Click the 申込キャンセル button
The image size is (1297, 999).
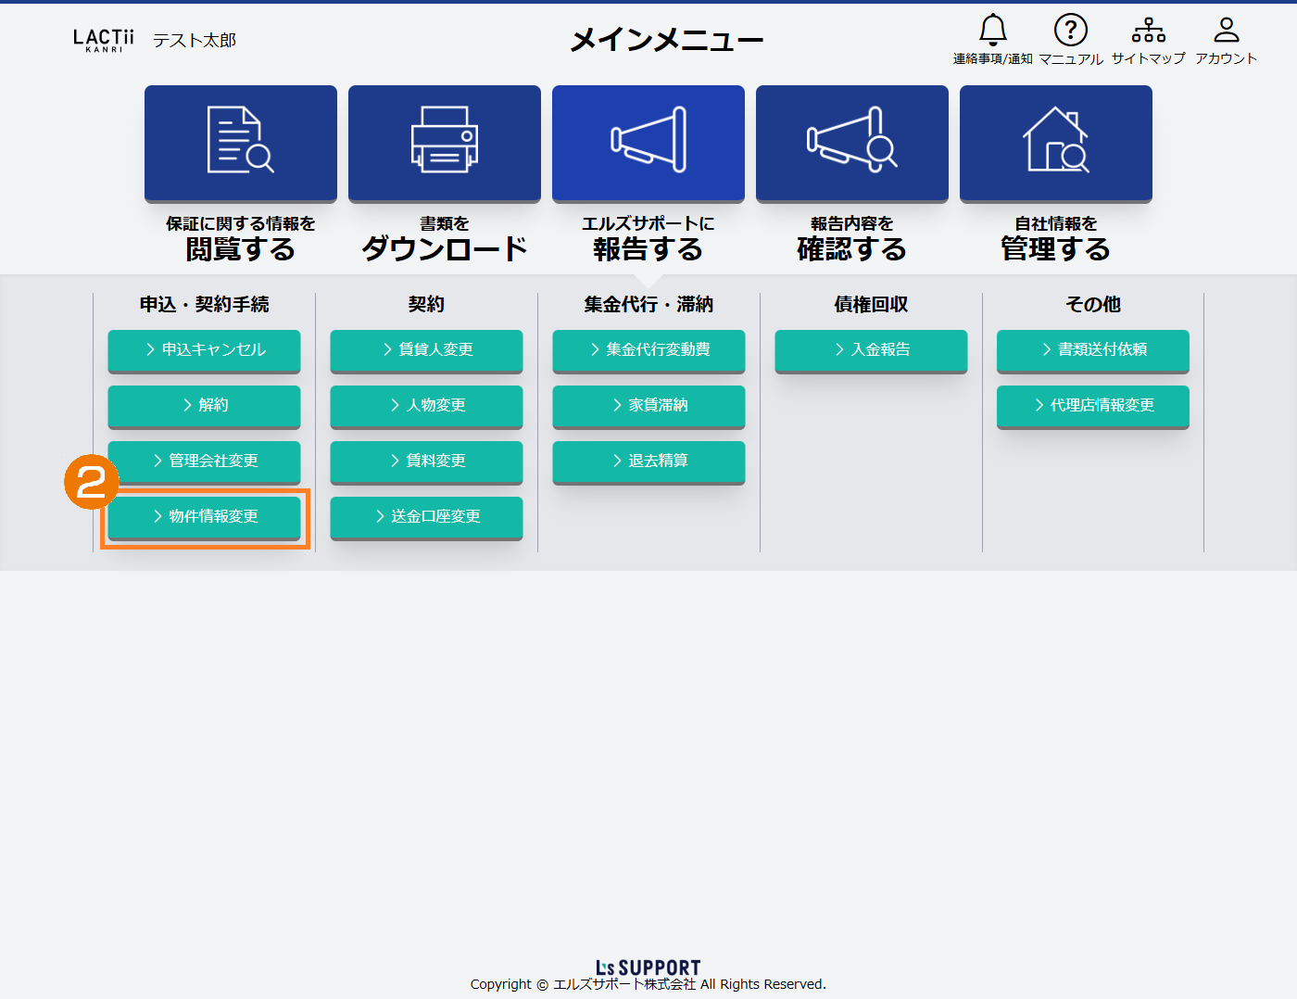204,350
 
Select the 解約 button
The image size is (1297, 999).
204,406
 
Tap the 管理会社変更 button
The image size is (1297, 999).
204,462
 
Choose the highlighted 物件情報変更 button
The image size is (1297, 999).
204,517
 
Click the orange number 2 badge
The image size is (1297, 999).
92,482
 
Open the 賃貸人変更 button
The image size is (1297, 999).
426,350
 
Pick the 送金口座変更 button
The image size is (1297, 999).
426,517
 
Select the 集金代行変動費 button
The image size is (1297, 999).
648,350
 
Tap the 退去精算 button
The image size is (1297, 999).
648,462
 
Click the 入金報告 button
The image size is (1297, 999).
871,350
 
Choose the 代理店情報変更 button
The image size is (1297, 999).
1093,406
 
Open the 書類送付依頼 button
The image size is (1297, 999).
1093,350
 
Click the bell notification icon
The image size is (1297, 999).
992,30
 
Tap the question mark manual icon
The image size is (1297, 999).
1071,30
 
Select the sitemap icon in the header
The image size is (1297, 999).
1149,30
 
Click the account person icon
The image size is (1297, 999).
1226,30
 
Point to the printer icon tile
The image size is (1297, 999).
445,144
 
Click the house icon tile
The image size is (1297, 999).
1056,144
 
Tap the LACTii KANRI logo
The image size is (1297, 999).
103,40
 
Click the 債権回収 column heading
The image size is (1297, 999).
871,304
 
